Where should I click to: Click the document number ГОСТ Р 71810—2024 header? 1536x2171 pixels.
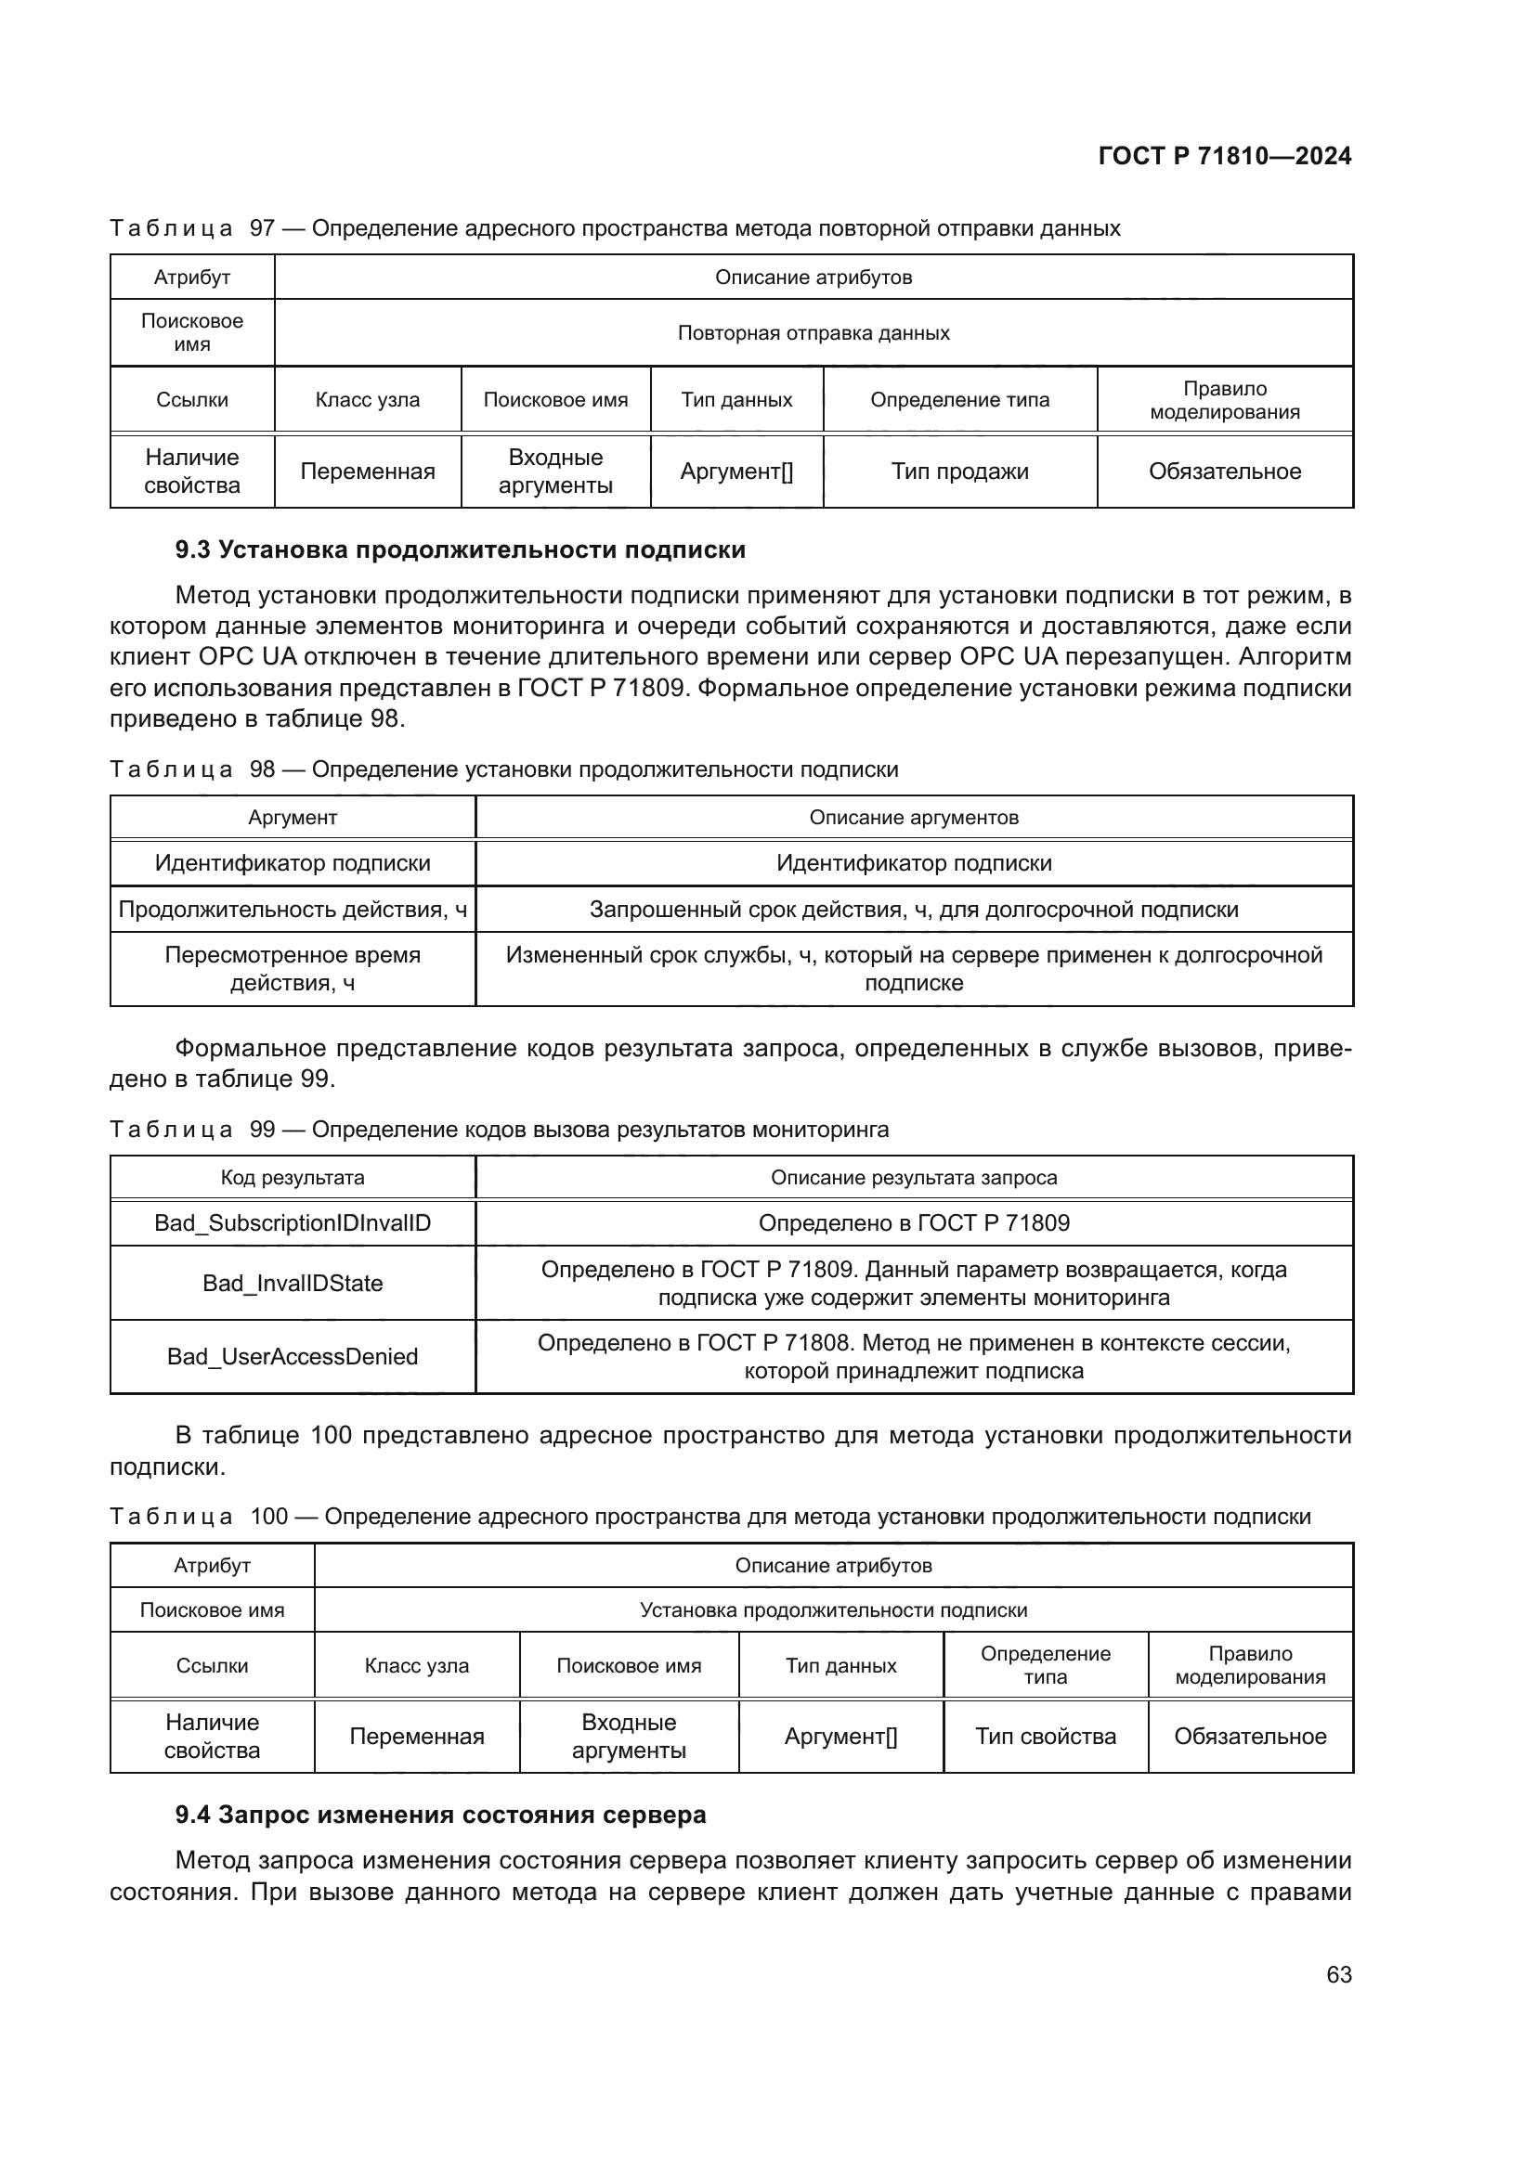[x=1224, y=156]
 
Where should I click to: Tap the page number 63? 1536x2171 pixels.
[x=1338, y=1974]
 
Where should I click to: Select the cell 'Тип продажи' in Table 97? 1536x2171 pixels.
[x=959, y=471]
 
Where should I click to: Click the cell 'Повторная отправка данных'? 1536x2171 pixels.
[x=814, y=333]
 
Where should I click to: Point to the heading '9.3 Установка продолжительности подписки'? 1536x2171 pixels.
[x=460, y=549]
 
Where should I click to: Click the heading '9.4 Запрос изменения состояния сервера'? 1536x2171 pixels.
[x=440, y=1815]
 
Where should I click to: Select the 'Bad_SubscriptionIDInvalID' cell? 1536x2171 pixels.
[x=293, y=1222]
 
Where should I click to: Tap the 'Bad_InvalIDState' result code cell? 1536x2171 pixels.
[x=293, y=1283]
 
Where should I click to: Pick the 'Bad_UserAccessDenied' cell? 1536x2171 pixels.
[x=293, y=1357]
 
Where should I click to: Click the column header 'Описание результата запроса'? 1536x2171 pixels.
[x=914, y=1177]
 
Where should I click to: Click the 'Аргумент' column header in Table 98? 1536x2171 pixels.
[x=293, y=817]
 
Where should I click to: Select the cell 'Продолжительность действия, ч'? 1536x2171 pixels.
[x=293, y=910]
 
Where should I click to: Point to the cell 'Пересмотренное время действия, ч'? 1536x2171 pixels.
[x=293, y=968]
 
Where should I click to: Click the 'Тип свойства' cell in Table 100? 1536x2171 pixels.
[x=1045, y=1736]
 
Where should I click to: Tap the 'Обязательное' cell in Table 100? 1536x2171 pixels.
[x=1249, y=1736]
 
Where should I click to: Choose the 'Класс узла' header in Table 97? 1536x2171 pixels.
[x=367, y=400]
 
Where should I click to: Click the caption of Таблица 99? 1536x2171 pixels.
[x=500, y=1129]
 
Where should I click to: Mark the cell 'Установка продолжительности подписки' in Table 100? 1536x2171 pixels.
[x=833, y=1609]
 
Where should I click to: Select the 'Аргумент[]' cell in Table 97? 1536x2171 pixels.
[x=735, y=471]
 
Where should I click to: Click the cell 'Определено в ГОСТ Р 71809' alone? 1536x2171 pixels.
[x=914, y=1222]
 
